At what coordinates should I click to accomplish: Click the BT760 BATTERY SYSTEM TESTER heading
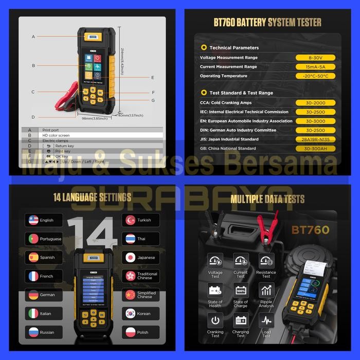267,22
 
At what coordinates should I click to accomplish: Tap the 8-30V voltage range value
315,58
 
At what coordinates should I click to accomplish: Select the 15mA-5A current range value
315,67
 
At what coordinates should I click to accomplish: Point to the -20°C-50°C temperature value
315,76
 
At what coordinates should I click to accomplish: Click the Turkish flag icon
130,220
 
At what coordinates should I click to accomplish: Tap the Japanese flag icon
130,257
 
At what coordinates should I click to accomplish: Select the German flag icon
33,295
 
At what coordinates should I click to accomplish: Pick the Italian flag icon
33,314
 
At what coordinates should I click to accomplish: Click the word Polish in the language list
143,332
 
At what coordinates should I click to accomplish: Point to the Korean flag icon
130,314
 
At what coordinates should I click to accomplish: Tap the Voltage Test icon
215,260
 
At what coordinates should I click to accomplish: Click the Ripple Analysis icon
266,290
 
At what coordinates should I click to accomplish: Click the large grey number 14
92,231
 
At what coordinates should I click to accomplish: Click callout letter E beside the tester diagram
153,78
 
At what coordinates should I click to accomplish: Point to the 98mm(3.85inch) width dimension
95,118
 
